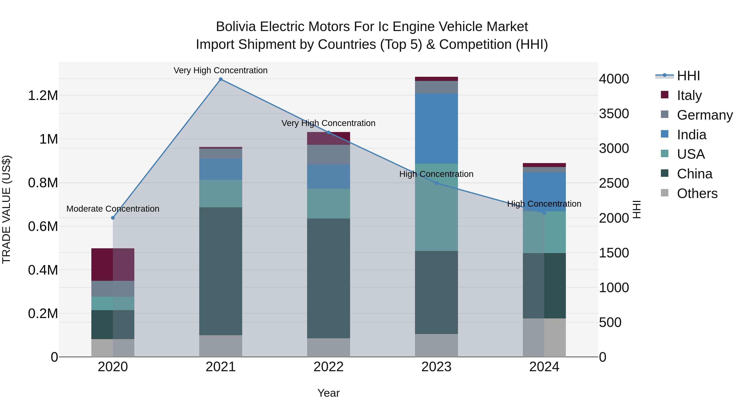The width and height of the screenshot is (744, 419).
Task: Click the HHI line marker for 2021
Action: [221, 79]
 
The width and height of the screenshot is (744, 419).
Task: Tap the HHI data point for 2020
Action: [113, 218]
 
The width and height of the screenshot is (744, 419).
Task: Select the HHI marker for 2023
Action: [436, 183]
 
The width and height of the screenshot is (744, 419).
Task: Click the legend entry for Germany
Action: [705, 115]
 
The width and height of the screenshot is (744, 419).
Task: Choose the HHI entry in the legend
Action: [688, 76]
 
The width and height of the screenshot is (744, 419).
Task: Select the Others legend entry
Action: [697, 193]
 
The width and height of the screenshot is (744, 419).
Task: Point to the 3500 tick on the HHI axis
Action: [614, 114]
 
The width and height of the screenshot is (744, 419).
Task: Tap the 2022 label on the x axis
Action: [328, 367]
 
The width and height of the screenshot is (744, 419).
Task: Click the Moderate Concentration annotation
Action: [113, 209]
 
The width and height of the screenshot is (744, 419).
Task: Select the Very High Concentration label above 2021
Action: [221, 70]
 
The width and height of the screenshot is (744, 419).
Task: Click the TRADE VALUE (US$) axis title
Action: [6, 209]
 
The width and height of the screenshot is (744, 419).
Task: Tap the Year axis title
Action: [328, 393]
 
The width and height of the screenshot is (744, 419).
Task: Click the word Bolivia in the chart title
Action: [236, 27]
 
